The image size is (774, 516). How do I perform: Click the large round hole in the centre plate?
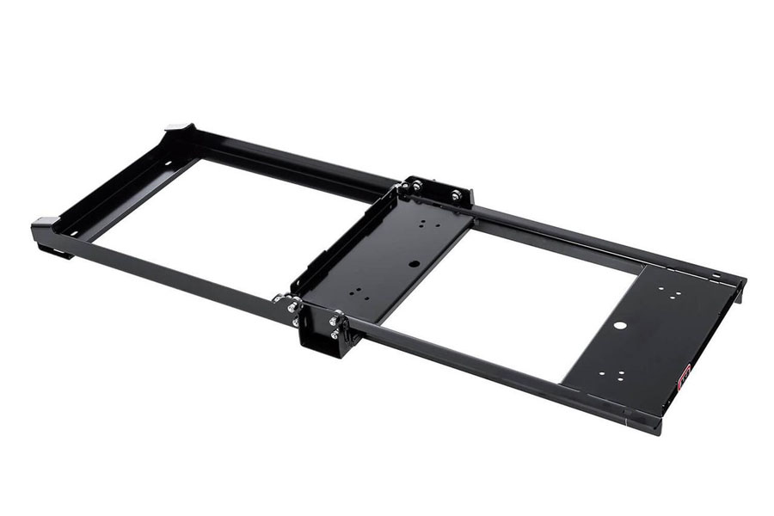pyautogui.click(x=415, y=264)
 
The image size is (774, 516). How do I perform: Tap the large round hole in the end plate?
pyautogui.click(x=617, y=326)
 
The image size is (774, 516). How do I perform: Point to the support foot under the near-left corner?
pyautogui.click(x=53, y=251)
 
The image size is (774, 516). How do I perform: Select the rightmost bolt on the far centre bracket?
pyautogui.click(x=456, y=196)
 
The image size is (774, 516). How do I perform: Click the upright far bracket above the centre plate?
pyautogui.click(x=436, y=190)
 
